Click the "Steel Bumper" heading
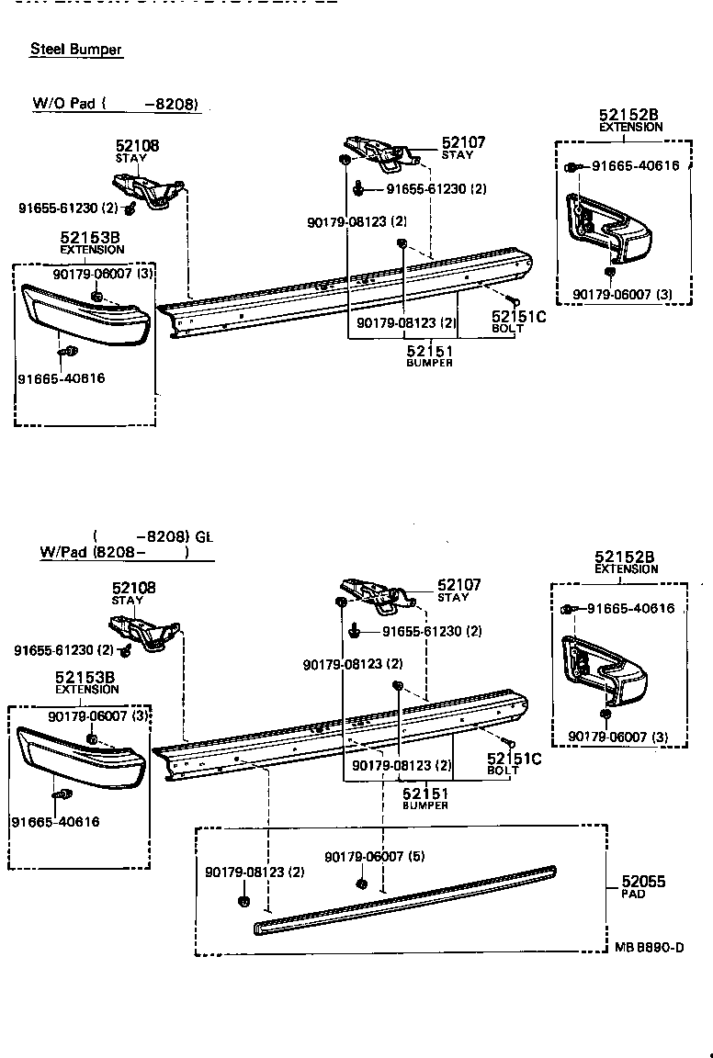76,50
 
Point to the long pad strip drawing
404,899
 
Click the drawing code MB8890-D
649,948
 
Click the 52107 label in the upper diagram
463,142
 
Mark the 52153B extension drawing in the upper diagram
88,314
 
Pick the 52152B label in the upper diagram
629,115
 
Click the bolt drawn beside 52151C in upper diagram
514,300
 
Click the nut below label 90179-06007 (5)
361,884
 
